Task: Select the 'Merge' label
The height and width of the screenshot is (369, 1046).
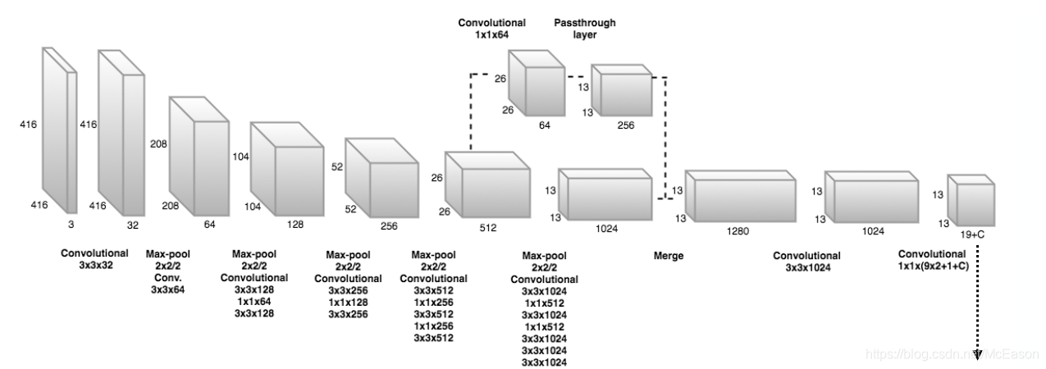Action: coord(668,256)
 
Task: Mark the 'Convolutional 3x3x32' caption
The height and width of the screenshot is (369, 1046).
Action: coord(94,258)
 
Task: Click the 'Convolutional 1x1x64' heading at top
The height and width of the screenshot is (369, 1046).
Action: coord(491,30)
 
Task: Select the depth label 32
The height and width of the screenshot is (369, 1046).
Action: coord(131,222)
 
